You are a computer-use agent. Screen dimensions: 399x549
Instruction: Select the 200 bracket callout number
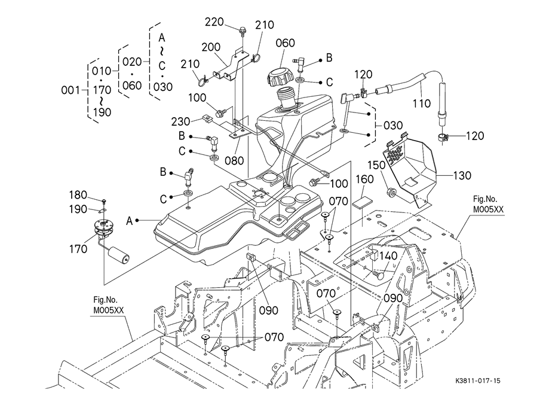211,48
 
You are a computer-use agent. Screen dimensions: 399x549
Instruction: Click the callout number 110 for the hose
422,103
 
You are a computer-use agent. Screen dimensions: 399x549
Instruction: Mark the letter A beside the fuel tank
129,221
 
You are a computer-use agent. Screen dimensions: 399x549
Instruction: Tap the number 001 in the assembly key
71,90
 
